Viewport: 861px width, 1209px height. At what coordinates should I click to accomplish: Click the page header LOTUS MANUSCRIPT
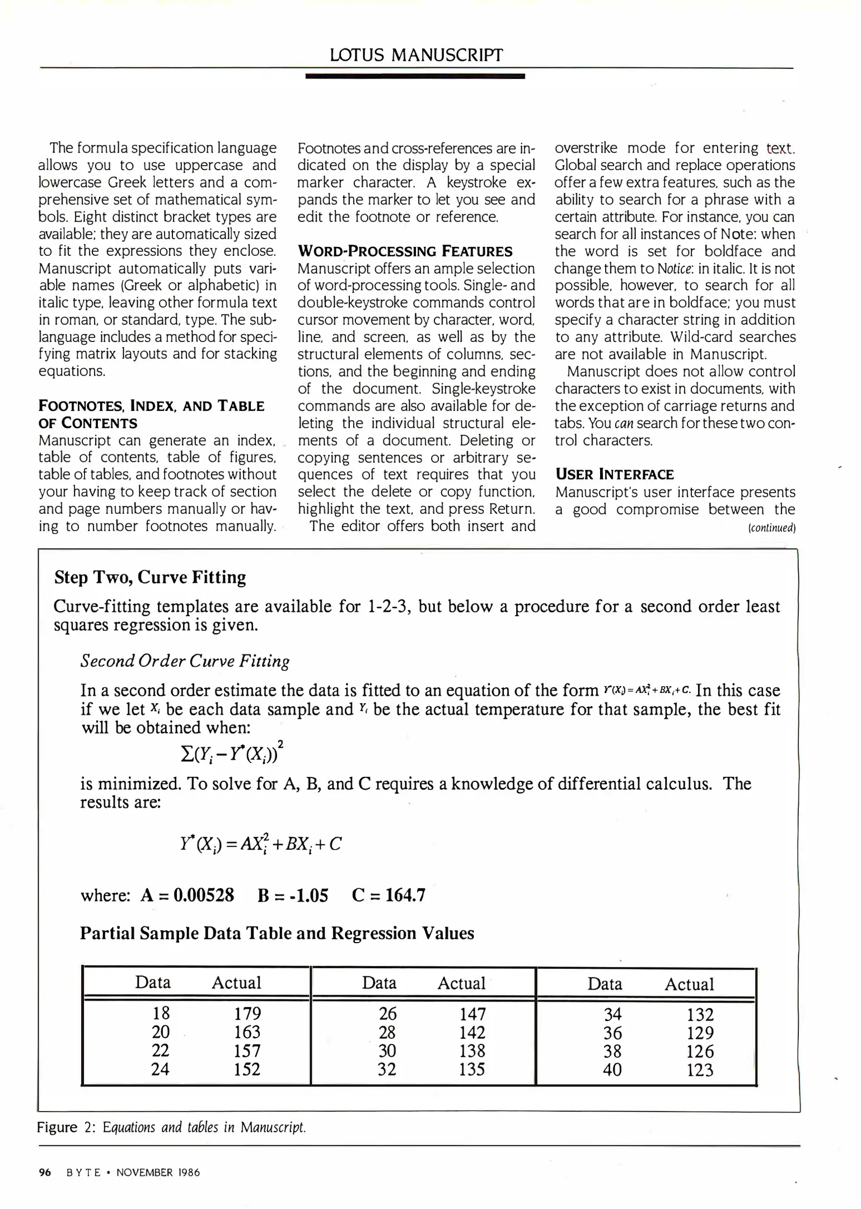click(416, 55)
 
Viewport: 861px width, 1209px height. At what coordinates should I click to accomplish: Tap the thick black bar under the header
click(415, 76)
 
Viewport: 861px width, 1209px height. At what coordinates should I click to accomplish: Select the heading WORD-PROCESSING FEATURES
click(405, 251)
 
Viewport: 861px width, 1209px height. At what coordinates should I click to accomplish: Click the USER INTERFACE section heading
click(614, 475)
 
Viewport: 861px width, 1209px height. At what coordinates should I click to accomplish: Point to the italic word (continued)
click(771, 528)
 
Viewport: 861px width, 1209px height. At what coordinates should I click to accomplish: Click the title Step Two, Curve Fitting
click(150, 577)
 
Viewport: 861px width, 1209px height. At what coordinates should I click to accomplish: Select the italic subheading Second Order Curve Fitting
click(185, 661)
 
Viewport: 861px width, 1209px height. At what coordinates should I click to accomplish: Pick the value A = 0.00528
click(188, 895)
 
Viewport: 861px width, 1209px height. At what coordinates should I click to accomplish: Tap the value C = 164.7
click(389, 895)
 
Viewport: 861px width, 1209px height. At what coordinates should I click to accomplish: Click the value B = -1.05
click(293, 895)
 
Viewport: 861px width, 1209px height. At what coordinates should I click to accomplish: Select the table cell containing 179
click(247, 1014)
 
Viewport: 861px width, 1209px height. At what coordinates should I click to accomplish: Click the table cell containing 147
click(472, 1014)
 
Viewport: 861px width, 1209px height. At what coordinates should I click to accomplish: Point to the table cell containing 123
click(700, 1070)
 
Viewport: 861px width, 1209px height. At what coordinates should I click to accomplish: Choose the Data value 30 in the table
click(387, 1051)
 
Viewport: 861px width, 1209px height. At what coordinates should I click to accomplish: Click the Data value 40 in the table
click(612, 1070)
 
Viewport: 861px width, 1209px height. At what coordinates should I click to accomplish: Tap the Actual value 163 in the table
click(247, 1032)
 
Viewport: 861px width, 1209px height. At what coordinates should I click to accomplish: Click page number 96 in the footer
click(45, 1173)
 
